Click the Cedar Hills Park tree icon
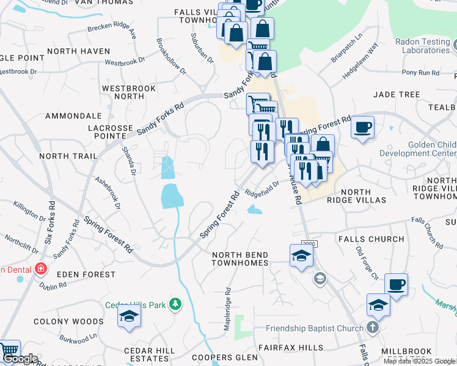175,303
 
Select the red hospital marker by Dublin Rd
40,268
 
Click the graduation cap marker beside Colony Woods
129,317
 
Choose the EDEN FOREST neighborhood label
86,274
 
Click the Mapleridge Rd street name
227,310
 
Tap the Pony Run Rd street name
420,73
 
